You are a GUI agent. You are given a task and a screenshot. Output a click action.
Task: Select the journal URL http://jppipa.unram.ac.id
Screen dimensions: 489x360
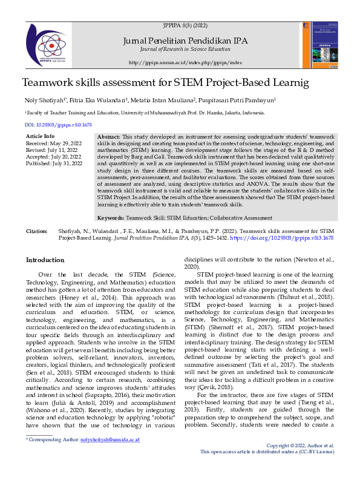click(185, 62)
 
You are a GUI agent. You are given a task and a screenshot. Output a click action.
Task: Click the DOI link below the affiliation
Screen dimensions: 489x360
click(58, 124)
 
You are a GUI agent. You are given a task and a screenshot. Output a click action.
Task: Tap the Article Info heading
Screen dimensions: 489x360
click(41, 137)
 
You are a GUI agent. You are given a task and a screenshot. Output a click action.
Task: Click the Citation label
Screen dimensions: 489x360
click(36, 231)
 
